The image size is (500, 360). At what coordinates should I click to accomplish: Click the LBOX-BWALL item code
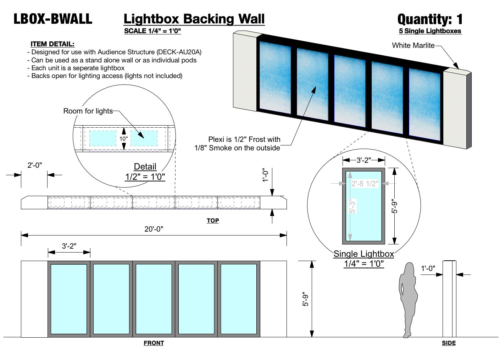[x=53, y=19]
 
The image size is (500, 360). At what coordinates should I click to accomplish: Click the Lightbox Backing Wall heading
[x=194, y=19]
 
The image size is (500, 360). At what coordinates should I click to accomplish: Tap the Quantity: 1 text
[x=430, y=19]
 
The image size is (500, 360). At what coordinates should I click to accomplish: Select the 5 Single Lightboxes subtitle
[x=430, y=31]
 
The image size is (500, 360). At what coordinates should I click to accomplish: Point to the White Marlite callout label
[x=413, y=45]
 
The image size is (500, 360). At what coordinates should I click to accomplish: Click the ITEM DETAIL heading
[x=52, y=44]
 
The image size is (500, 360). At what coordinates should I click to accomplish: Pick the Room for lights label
[x=88, y=111]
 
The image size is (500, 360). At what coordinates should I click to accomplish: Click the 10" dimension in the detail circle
[x=123, y=139]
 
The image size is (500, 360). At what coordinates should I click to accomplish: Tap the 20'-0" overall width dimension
[x=154, y=229]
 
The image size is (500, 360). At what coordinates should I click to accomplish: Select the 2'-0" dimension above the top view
[x=35, y=165]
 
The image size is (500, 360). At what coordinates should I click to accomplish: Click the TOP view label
[x=213, y=221]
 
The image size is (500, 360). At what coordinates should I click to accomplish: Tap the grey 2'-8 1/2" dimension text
[x=365, y=184]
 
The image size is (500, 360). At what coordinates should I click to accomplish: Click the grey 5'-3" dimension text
[x=352, y=206]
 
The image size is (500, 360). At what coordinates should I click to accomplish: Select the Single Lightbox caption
[x=364, y=254]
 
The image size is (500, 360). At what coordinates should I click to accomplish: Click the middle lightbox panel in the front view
[x=154, y=299]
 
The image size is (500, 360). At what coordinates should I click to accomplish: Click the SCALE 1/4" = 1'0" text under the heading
[x=152, y=31]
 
